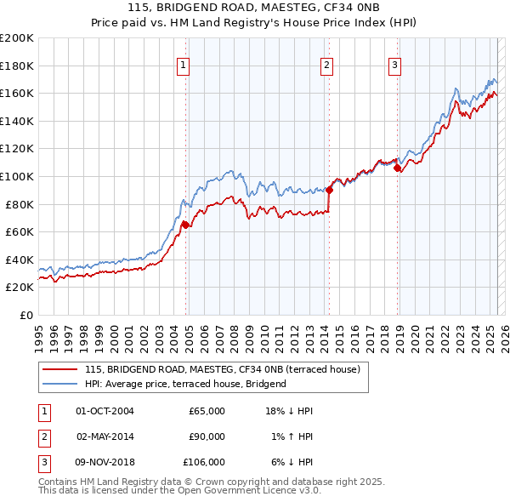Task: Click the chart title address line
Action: [254, 7]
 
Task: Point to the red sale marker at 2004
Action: [184, 225]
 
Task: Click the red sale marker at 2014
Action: [329, 190]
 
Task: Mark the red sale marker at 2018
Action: [397, 168]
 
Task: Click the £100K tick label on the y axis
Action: [17, 176]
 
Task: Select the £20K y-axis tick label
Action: [20, 288]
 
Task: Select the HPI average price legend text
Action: [185, 384]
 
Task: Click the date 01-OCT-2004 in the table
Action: [105, 411]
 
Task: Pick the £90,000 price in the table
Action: [207, 436]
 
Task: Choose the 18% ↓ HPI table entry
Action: [289, 411]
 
